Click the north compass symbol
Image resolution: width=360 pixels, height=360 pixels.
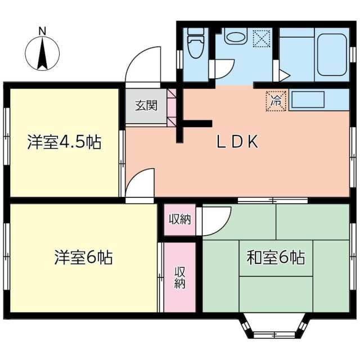(x=42, y=53)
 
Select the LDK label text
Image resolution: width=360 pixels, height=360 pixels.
(x=237, y=142)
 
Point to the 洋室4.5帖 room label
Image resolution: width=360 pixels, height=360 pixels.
(x=64, y=142)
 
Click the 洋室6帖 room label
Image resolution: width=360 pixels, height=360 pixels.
(x=83, y=258)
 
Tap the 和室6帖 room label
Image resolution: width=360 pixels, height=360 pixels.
(x=276, y=258)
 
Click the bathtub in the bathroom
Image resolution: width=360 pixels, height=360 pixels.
(x=331, y=54)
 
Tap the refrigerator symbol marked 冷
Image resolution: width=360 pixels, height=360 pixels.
(x=276, y=101)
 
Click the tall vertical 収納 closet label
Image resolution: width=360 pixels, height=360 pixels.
(x=179, y=276)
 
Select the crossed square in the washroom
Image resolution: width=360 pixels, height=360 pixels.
(x=262, y=38)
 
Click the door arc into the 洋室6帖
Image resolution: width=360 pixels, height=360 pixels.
(x=141, y=183)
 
